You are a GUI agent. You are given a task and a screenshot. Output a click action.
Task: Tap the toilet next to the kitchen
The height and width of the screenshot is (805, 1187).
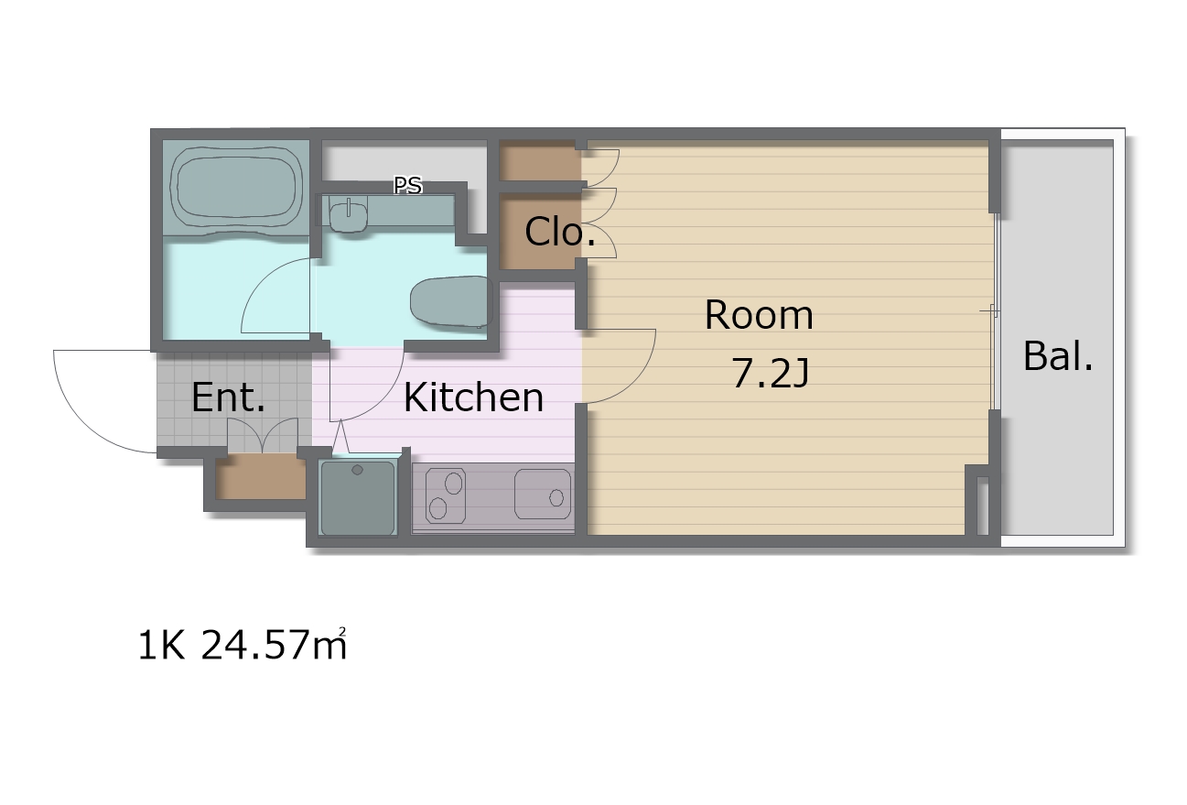coord(451,303)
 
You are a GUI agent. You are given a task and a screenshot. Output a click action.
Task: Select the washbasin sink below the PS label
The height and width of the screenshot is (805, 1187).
coord(349,216)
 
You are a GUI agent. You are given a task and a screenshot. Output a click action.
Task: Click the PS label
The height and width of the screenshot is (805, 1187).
coord(408,185)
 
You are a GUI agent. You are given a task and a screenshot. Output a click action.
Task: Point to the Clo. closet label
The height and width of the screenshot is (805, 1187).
coord(559,232)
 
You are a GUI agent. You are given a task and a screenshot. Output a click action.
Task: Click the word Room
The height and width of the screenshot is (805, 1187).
coord(759,315)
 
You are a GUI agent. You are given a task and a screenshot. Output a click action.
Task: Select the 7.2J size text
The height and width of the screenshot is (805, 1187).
coord(771,373)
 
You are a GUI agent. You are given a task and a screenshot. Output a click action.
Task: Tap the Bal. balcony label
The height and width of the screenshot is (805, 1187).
coord(1058,356)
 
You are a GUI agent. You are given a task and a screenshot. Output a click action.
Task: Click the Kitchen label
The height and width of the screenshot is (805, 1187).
coord(473,397)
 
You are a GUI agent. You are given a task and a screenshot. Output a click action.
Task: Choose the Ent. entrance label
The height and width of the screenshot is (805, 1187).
coord(228,397)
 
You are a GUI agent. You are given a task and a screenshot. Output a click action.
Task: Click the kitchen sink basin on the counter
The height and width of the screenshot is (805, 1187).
coord(543,494)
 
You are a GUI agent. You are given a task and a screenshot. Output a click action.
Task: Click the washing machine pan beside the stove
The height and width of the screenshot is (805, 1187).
coord(358,497)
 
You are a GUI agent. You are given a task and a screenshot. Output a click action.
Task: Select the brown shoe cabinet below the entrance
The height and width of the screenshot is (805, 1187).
coord(261,475)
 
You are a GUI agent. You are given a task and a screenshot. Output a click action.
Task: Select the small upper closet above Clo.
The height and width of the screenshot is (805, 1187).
coord(539,160)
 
